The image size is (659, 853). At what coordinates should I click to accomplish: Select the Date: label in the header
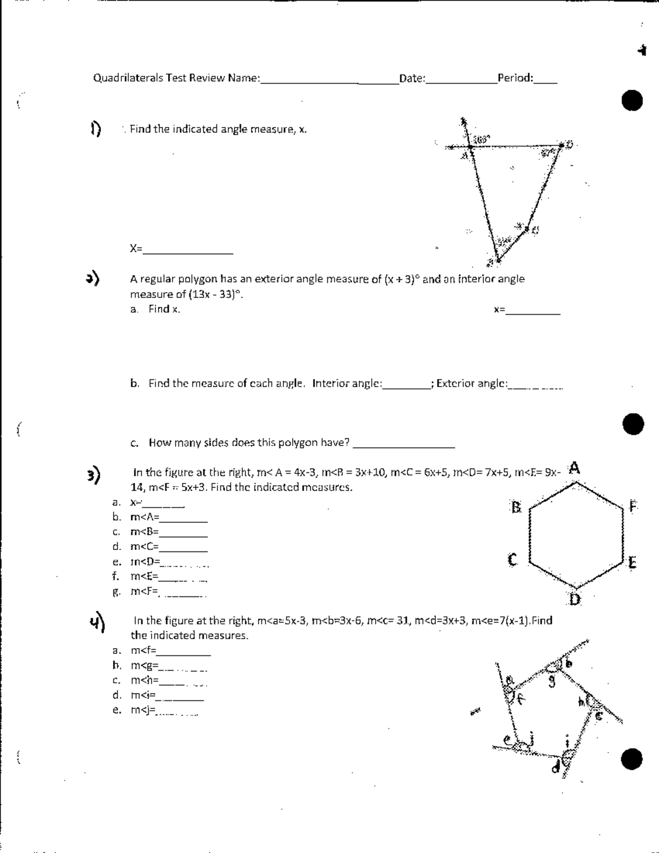(x=412, y=78)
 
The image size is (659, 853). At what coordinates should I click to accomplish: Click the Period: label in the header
(x=515, y=77)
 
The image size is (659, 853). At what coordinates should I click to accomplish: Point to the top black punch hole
(x=632, y=101)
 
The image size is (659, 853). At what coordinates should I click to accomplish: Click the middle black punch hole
(x=632, y=424)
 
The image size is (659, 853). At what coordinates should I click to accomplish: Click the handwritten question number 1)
(x=96, y=129)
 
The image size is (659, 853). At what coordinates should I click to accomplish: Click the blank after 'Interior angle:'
(x=405, y=386)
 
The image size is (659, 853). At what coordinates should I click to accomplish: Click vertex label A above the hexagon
(x=574, y=468)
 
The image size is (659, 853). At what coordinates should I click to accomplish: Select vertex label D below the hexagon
(x=574, y=600)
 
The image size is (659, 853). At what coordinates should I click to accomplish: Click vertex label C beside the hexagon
(x=512, y=560)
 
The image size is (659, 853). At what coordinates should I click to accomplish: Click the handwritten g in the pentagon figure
(x=552, y=683)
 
